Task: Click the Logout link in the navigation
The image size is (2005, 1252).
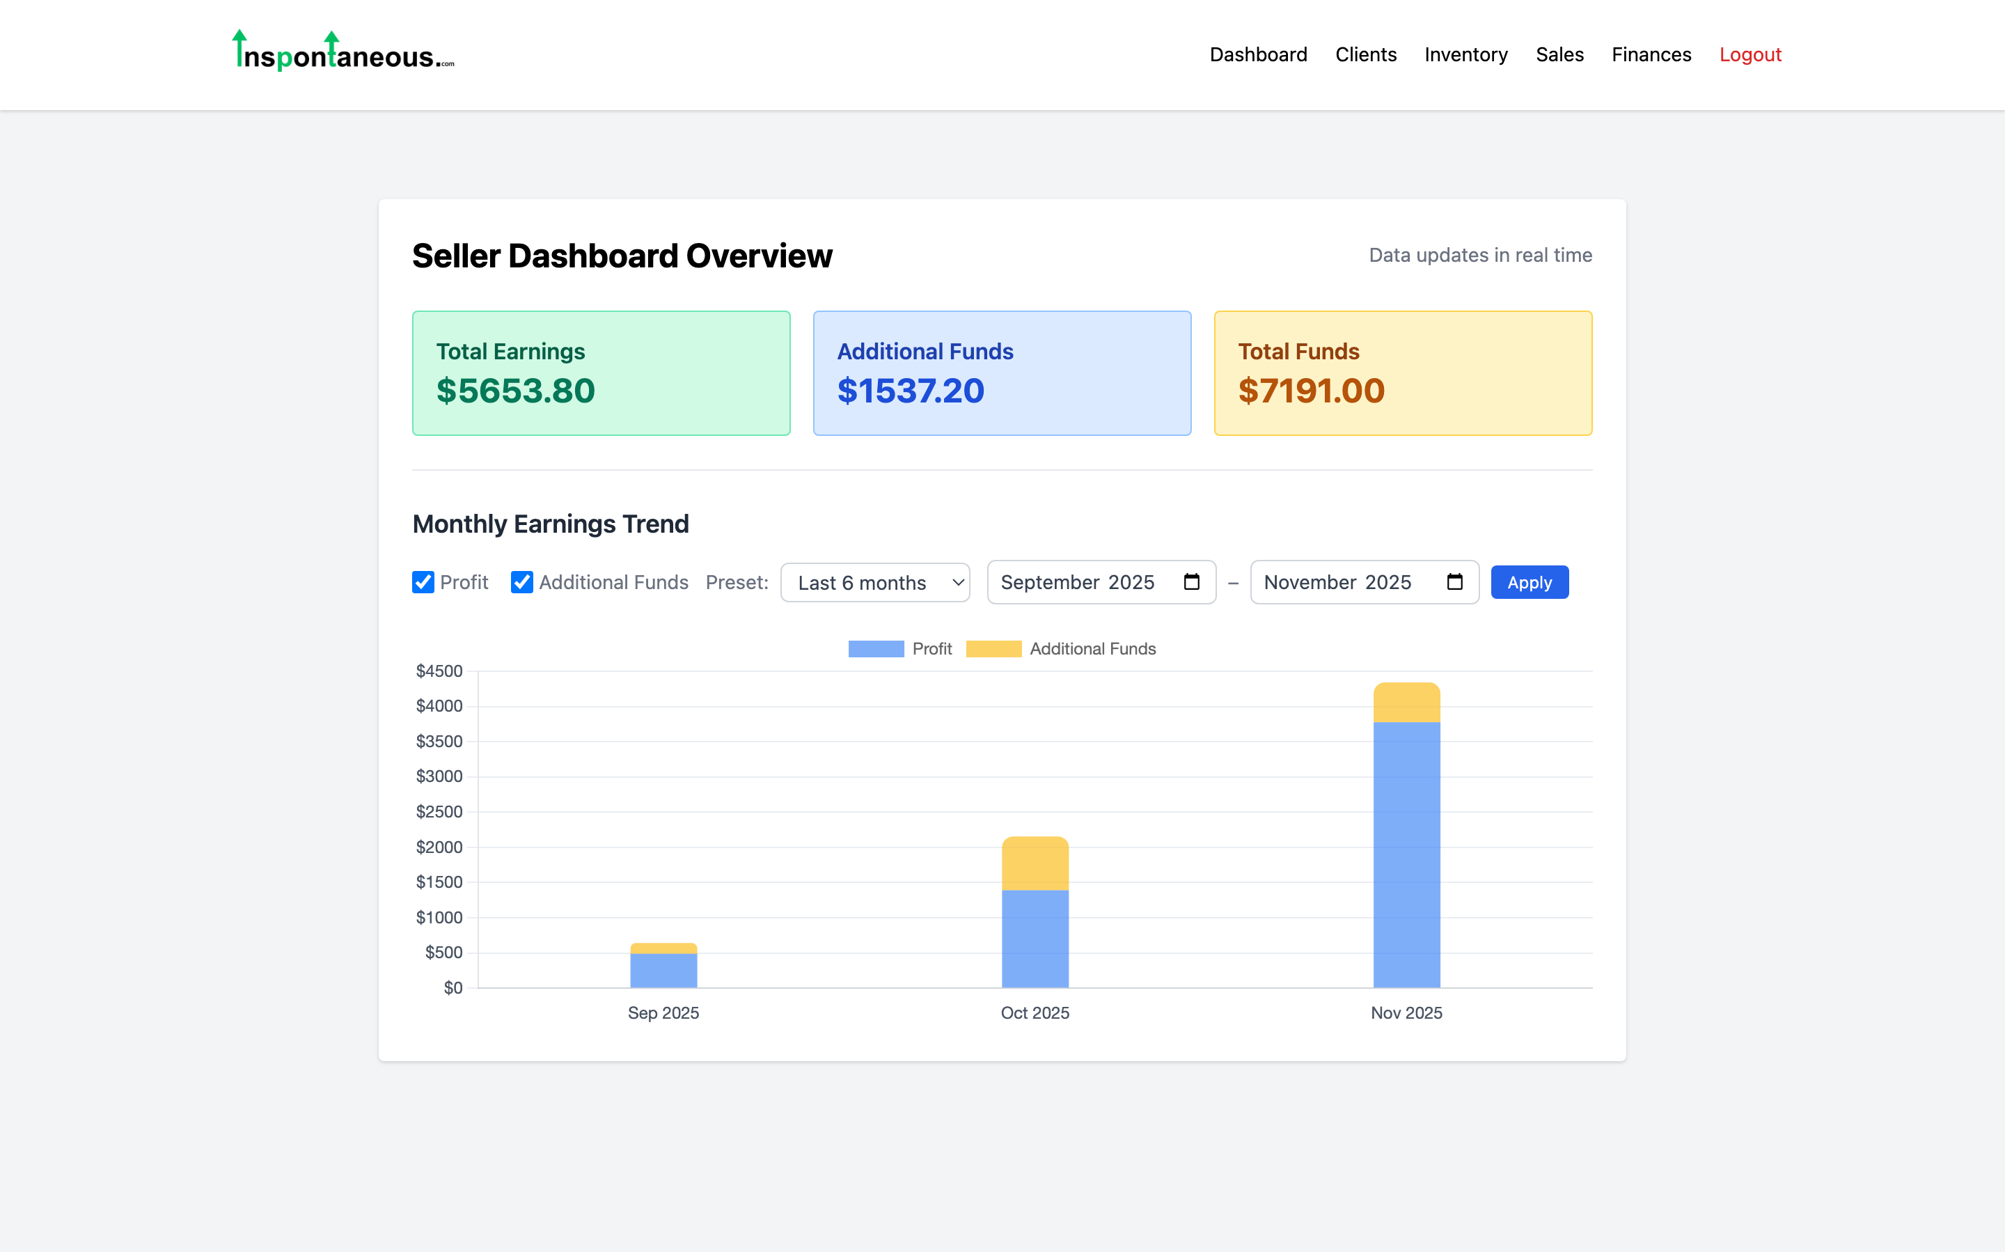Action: tap(1750, 54)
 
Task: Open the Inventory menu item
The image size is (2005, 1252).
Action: tap(1465, 54)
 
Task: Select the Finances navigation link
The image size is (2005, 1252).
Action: tap(1651, 54)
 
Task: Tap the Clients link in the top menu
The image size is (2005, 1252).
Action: tap(1365, 54)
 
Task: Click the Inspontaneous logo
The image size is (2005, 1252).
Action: tap(343, 52)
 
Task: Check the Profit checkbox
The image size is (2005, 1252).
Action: tap(423, 582)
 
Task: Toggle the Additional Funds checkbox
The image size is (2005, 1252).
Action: tap(521, 582)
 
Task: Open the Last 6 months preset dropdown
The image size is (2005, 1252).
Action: tap(874, 582)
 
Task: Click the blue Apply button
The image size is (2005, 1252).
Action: tap(1529, 582)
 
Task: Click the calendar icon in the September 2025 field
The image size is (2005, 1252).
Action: tap(1191, 582)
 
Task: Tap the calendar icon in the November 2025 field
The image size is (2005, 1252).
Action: tap(1454, 582)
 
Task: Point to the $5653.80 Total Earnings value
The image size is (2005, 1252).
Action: tap(515, 391)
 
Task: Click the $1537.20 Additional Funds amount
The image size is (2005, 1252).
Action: tap(911, 391)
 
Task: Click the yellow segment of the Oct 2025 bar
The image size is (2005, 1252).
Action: tap(1035, 863)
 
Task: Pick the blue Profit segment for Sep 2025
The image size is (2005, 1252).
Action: tap(663, 971)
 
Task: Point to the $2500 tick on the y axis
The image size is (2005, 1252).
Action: tap(439, 811)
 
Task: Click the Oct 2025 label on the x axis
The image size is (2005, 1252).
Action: tap(1035, 1012)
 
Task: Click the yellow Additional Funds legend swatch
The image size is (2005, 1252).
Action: tap(993, 649)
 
